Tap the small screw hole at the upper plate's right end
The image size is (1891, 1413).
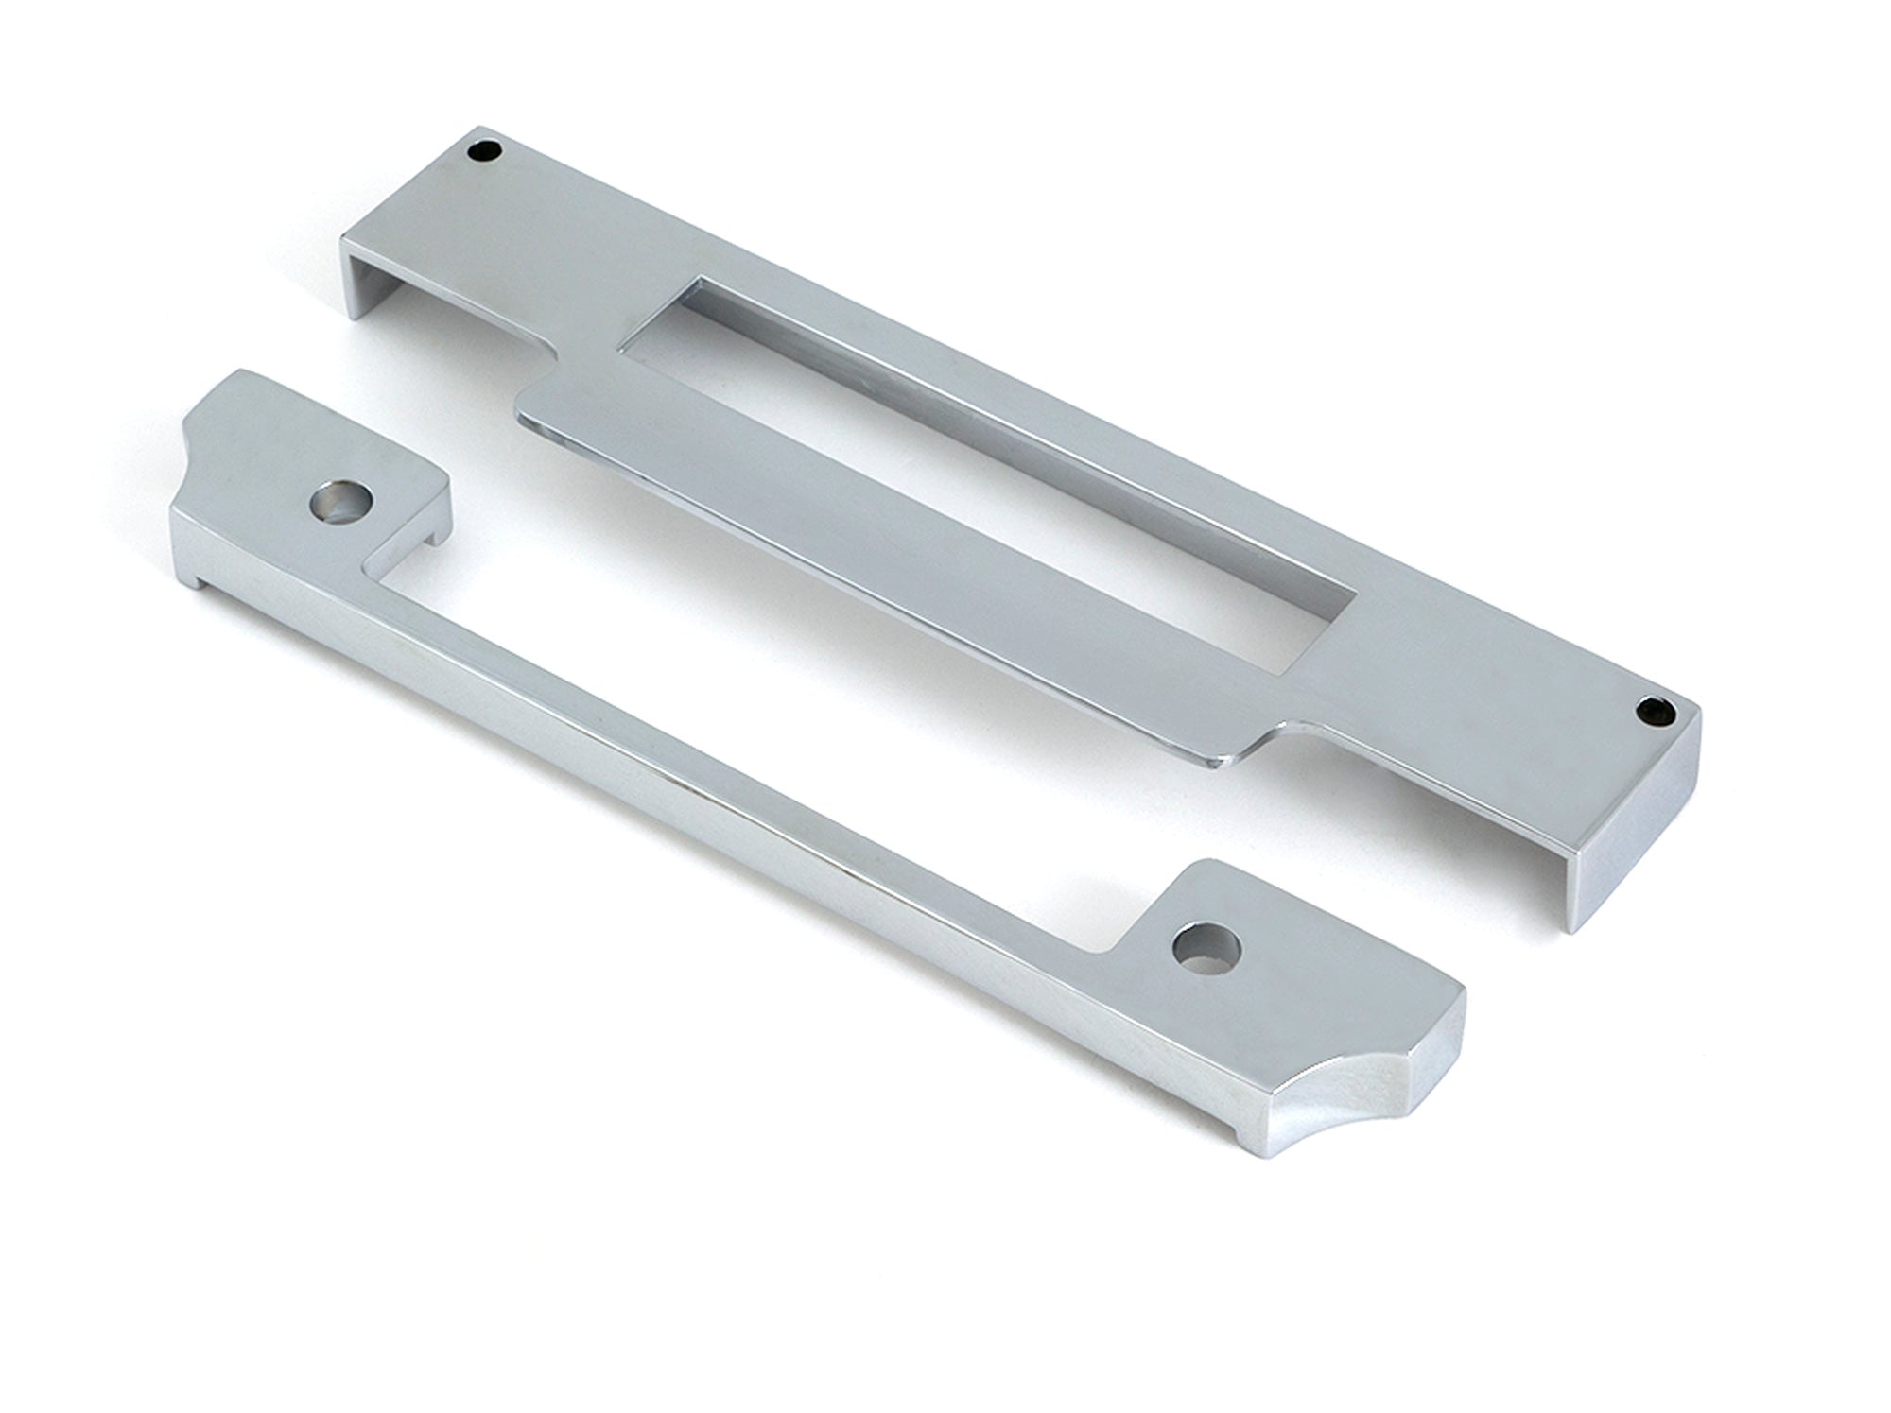(1651, 705)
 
